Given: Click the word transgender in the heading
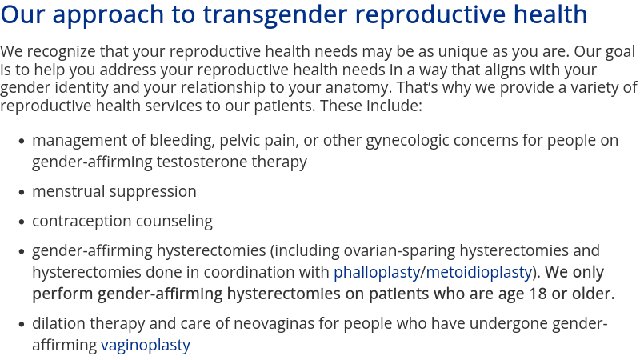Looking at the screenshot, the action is (275, 15).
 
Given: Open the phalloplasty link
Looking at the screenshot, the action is (377, 273).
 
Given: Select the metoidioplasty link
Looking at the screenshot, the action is (478, 273).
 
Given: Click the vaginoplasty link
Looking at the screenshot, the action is (146, 346).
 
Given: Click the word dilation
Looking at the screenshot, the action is (58, 324).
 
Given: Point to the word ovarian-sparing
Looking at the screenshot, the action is (399, 251).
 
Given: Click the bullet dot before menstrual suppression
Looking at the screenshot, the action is (22, 193).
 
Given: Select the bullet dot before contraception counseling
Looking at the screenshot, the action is (22, 222).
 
